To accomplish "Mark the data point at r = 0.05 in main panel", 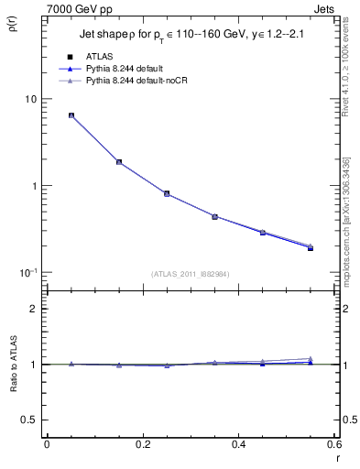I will click(x=71, y=115).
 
